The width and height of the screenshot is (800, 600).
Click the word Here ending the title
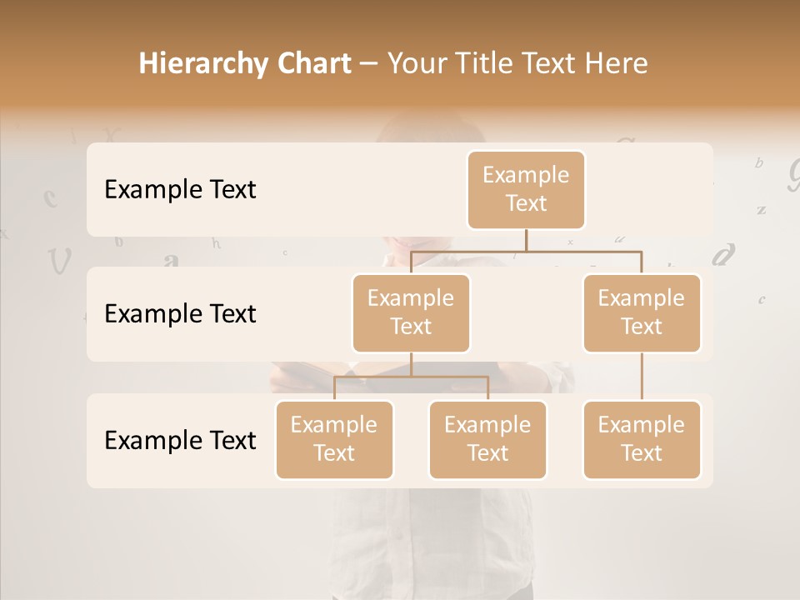coord(617,63)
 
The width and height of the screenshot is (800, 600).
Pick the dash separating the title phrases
coord(368,64)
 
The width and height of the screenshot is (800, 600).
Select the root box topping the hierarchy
coord(526,189)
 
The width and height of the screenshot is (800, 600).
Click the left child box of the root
coord(411,312)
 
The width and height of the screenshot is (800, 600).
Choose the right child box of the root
coord(642,312)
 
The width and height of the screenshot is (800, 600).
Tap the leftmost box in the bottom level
coord(334,439)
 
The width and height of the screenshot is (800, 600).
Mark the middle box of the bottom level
coord(487,439)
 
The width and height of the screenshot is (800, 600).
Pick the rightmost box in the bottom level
coord(642,439)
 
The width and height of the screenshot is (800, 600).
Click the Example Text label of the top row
coord(180,190)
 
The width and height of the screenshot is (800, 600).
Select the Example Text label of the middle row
coord(180,314)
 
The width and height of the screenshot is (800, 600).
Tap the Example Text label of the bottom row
coord(180,440)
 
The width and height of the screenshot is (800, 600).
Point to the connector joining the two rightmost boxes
coord(642,377)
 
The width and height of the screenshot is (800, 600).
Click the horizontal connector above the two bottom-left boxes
coord(411,377)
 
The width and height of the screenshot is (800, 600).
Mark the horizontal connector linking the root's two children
coord(526,250)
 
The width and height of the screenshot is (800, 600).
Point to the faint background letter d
coord(724,253)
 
